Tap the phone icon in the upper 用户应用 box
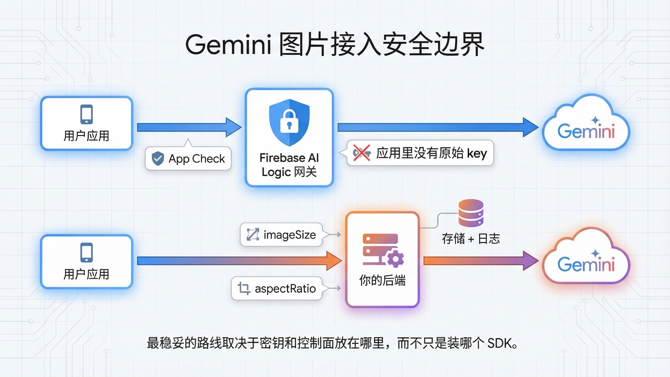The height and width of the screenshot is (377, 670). (x=87, y=114)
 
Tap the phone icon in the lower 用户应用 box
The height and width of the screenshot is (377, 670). (x=87, y=252)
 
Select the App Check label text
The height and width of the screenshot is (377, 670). (x=197, y=159)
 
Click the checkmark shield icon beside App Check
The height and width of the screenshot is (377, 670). (x=158, y=158)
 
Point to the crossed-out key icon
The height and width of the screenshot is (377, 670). (x=362, y=153)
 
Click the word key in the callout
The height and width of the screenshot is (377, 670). (x=477, y=153)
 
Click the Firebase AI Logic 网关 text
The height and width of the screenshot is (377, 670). (x=289, y=165)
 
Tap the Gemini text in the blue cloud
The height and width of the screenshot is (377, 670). (x=586, y=131)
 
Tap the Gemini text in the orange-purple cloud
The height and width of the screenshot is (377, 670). (x=586, y=264)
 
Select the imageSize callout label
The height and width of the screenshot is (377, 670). (x=289, y=235)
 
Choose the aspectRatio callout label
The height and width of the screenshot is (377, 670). (x=285, y=288)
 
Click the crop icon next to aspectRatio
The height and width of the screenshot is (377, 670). (x=244, y=288)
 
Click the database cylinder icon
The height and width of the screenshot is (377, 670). (x=471, y=213)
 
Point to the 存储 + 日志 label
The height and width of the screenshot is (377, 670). (x=471, y=239)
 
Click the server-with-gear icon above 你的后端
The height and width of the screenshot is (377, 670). (x=383, y=249)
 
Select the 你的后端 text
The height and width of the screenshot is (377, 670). (x=382, y=280)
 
